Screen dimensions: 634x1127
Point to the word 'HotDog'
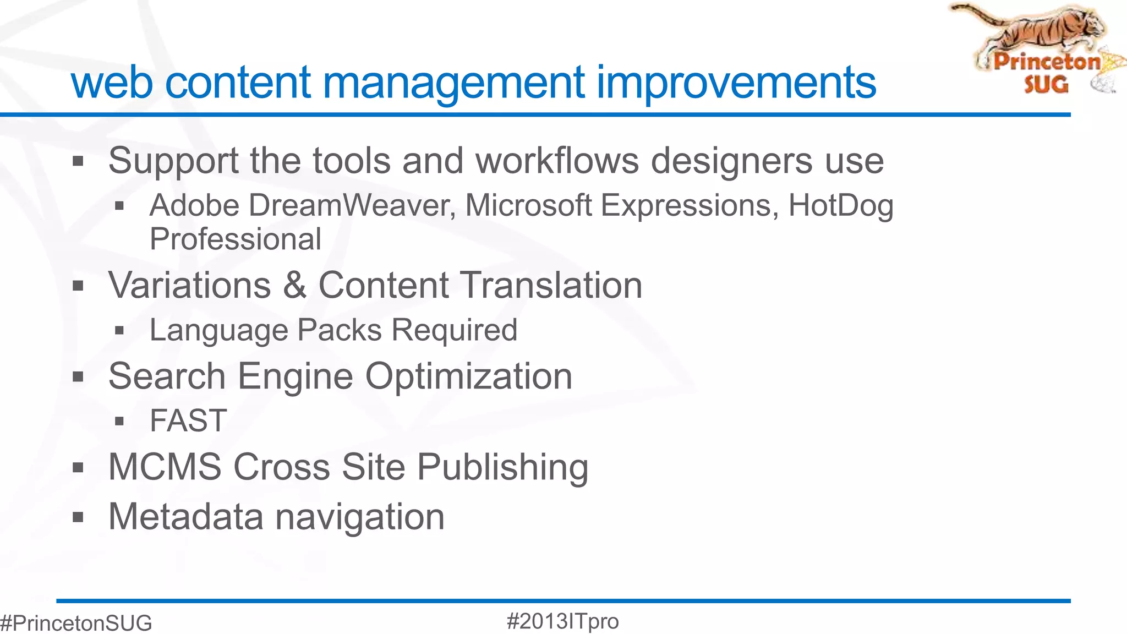[840, 206]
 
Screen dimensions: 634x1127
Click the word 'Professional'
[236, 239]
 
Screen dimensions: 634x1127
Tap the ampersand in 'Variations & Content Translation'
[295, 285]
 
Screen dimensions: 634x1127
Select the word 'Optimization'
[469, 376]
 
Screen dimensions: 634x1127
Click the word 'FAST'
[188, 421]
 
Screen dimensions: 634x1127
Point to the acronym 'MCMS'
[165, 467]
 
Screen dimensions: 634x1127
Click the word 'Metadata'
[186, 517]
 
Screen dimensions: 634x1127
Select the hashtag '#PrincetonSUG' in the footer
[76, 623]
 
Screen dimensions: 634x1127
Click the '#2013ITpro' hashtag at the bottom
[562, 621]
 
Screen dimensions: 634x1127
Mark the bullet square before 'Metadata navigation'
[78, 517]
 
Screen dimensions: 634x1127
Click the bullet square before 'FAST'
[119, 422]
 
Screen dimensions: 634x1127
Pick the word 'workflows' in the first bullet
[557, 161]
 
